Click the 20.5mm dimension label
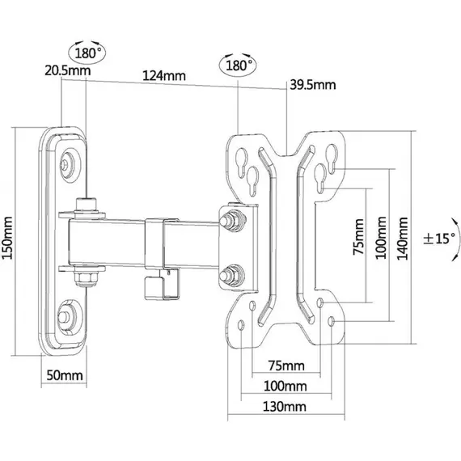pos(68,70)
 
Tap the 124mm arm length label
pos(164,75)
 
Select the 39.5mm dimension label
pos(313,85)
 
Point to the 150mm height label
pos(7,238)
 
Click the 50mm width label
pos(65,375)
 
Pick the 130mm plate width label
pos(285,407)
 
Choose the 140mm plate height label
pos(403,239)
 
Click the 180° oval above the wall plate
pos(87,53)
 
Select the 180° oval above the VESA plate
pos(238,66)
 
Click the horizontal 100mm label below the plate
pos(285,386)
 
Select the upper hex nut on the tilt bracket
pos(233,220)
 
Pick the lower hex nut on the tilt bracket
pos(233,276)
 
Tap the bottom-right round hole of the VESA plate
pos(332,321)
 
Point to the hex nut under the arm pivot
pos(87,277)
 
